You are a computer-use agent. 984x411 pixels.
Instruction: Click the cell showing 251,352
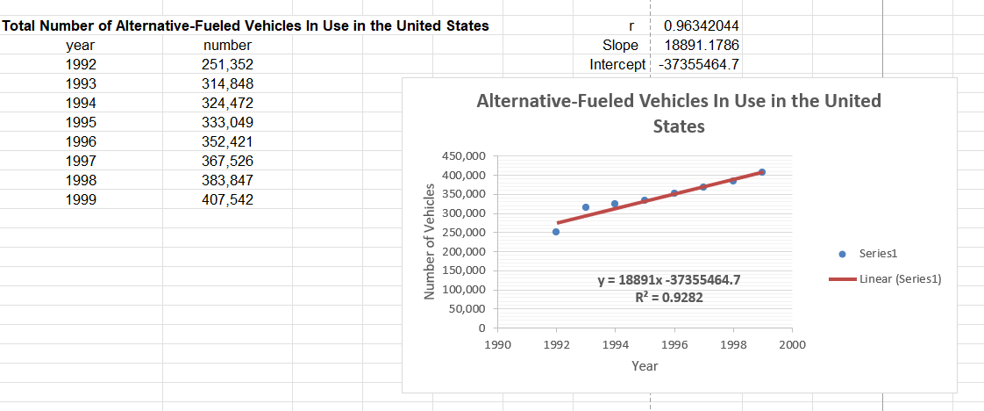[x=227, y=64]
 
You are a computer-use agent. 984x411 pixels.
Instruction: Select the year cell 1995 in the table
[x=81, y=122]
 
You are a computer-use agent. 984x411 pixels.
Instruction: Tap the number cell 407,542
[x=227, y=199]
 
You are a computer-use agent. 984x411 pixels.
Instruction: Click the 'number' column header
[x=227, y=45]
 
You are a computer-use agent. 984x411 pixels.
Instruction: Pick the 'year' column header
[x=81, y=45]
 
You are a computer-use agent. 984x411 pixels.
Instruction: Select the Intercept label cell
[x=618, y=64]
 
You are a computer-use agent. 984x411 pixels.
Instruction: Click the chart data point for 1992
[x=556, y=232]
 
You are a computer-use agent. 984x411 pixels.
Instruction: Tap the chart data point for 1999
[x=762, y=172]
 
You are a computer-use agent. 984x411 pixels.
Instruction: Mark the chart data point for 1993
[x=586, y=207]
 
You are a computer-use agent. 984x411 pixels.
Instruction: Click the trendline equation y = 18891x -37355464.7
[x=668, y=280]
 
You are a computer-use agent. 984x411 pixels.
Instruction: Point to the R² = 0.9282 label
[x=668, y=297]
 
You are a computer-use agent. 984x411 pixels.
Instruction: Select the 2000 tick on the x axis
[x=792, y=345]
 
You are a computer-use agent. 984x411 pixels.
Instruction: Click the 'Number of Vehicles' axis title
[x=430, y=242]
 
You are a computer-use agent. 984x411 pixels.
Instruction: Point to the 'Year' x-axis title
[x=645, y=365]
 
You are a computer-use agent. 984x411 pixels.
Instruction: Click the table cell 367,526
[x=227, y=161]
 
